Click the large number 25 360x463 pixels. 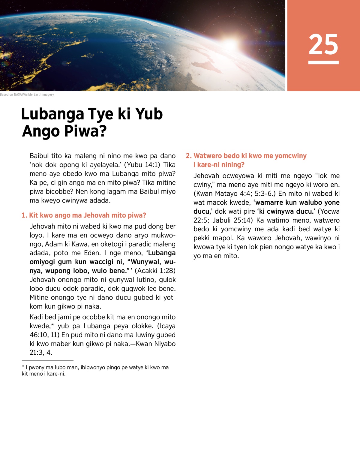(x=323, y=44)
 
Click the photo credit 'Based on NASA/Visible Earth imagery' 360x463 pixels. (x=27, y=95)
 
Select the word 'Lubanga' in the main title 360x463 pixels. (x=52, y=114)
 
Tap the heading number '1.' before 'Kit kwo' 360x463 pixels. (x=24, y=215)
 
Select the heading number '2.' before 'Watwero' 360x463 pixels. (x=188, y=156)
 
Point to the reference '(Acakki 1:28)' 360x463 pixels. (x=155, y=271)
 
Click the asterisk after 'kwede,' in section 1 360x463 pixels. (x=52, y=325)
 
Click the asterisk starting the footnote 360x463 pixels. (x=23, y=367)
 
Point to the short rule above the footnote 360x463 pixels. (x=47, y=360)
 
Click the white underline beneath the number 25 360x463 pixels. (x=323, y=62)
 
